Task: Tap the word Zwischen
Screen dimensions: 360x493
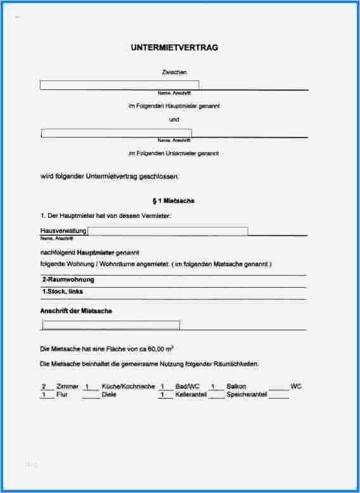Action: [x=174, y=73]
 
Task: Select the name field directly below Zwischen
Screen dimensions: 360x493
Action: [x=119, y=85]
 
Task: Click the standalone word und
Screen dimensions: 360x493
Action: [x=174, y=119]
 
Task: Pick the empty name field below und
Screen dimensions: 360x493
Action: [x=117, y=132]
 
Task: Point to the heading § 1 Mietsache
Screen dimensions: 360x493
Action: [x=174, y=201]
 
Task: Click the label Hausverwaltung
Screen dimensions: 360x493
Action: [x=63, y=231]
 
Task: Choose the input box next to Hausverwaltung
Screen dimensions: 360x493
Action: [x=168, y=231]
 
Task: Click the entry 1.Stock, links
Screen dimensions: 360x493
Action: [x=62, y=291]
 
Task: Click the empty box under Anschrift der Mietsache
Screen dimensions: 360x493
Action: [x=111, y=325]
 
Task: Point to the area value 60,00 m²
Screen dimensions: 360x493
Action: [x=160, y=349]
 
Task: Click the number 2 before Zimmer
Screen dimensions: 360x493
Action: [x=44, y=386]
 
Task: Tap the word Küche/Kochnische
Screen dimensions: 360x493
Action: [x=128, y=386]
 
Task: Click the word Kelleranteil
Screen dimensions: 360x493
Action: [x=191, y=394]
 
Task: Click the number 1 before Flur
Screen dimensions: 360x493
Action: [x=44, y=394]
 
